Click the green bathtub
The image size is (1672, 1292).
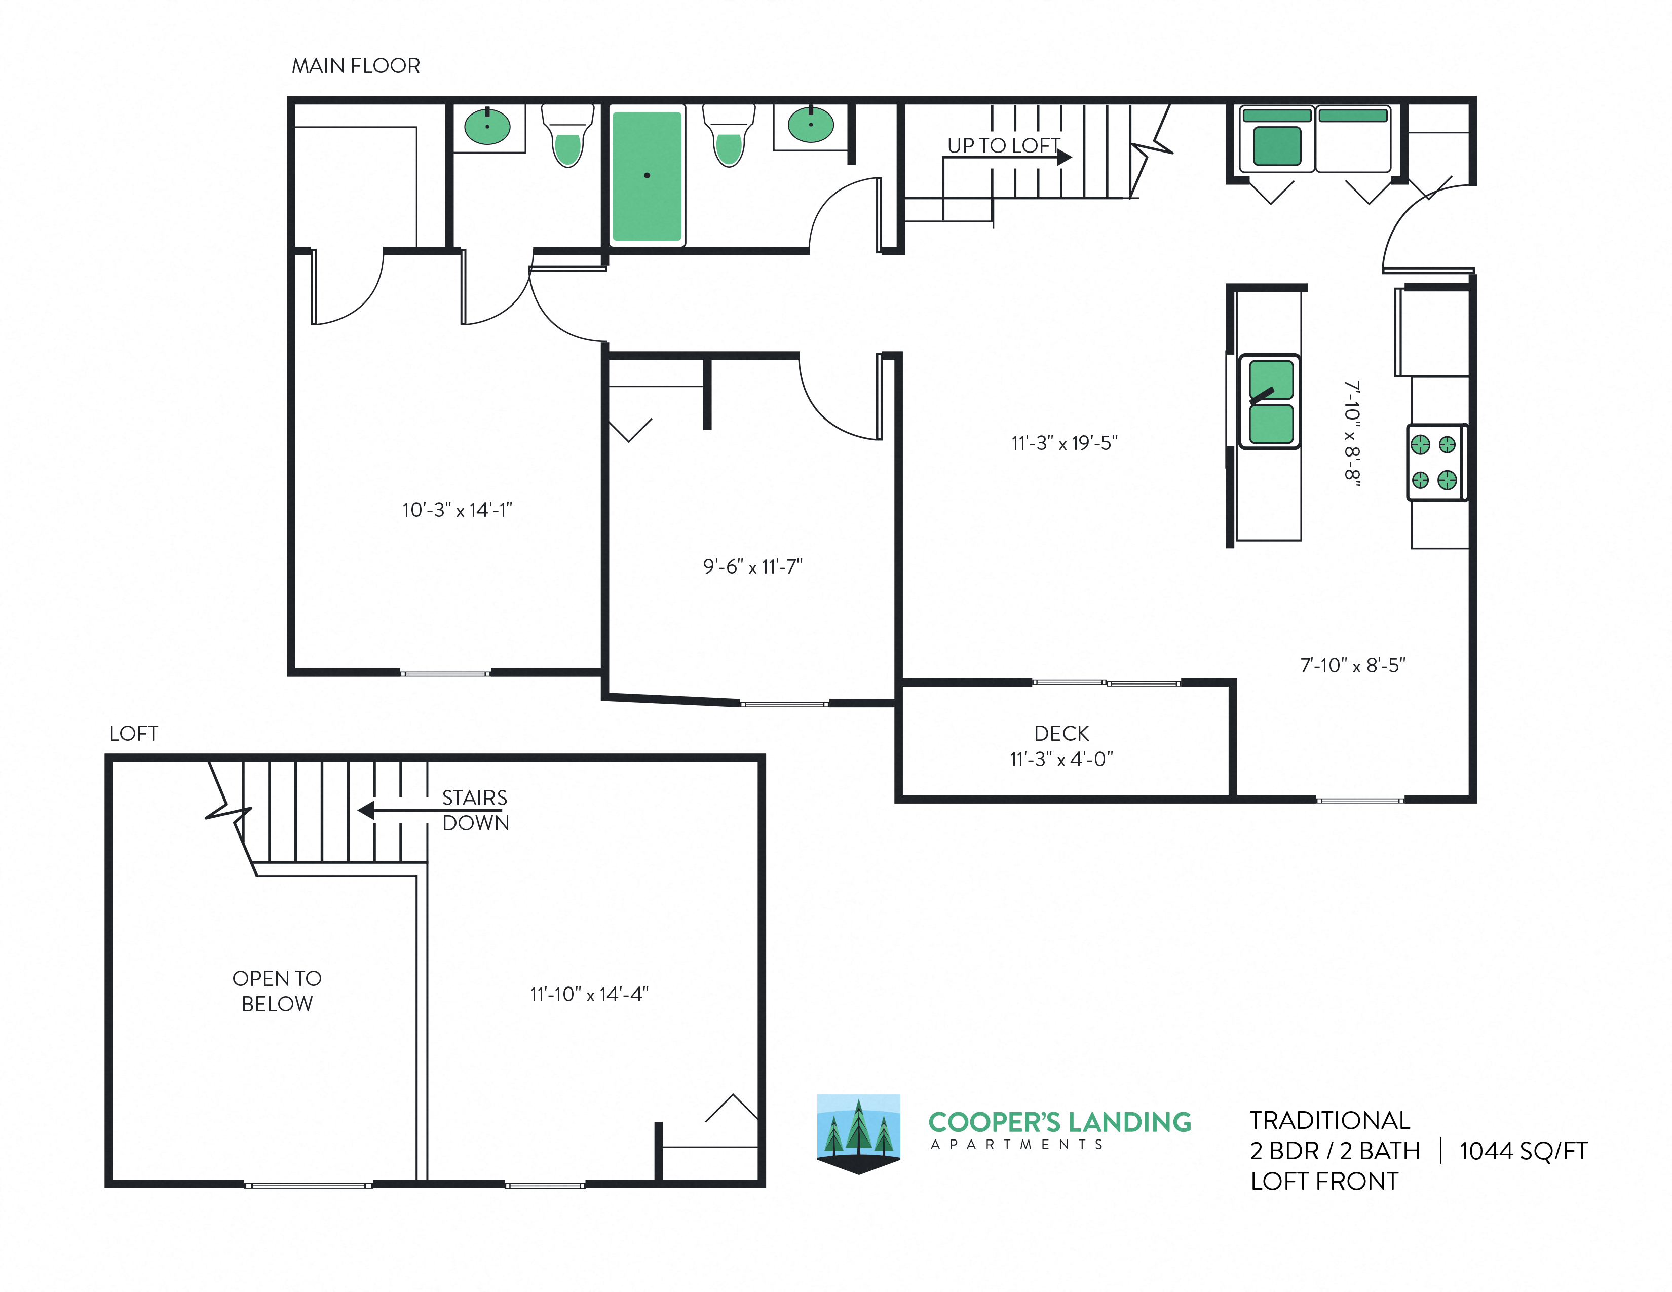click(647, 176)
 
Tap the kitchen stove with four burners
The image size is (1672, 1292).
click(1436, 462)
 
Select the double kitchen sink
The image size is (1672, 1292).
click(1270, 402)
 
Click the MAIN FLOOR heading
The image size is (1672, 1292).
click(356, 66)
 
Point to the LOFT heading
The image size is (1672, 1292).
click(134, 733)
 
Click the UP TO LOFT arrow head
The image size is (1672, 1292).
click(1065, 157)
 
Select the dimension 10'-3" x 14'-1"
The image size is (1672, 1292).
click(457, 510)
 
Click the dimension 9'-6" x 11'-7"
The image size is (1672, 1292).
click(752, 566)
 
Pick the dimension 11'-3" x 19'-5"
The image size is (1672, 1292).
click(1064, 443)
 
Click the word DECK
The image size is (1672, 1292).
click(1061, 733)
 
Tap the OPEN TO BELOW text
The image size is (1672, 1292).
click(276, 991)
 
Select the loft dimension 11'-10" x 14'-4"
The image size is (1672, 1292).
click(589, 994)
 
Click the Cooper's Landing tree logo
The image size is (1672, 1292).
click(858, 1133)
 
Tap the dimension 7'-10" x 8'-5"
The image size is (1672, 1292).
click(1353, 665)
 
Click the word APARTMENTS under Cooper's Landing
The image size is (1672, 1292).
click(1017, 1144)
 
